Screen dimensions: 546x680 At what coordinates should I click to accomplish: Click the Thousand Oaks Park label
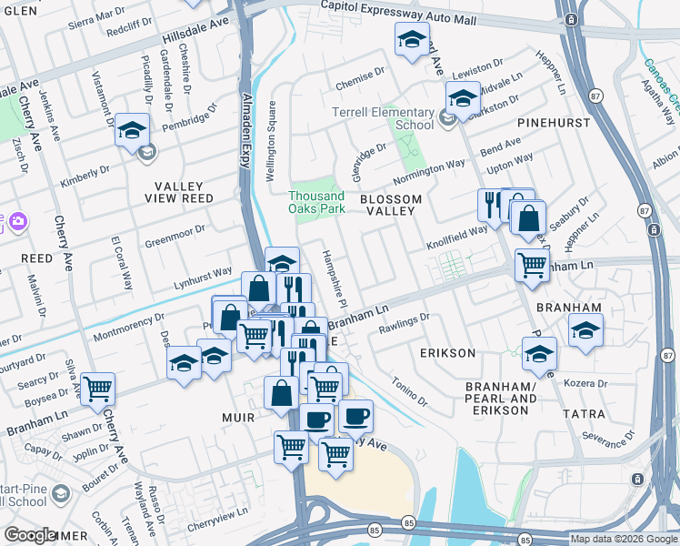(316, 202)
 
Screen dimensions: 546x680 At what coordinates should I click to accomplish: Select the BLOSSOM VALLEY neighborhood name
(390, 205)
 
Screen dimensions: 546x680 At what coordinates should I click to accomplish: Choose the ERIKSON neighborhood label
(447, 352)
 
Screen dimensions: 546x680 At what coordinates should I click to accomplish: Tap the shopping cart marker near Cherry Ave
(97, 389)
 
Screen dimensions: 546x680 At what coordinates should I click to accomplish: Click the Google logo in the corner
(30, 535)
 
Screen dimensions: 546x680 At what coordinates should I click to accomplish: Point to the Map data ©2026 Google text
(624, 539)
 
